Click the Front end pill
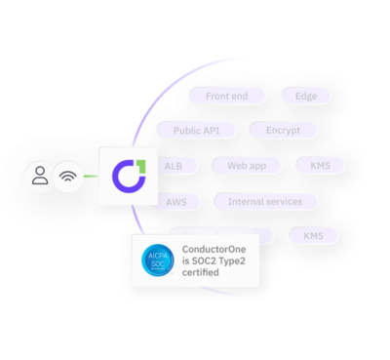[x=225, y=96]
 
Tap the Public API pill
[x=197, y=130]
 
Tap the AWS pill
[x=176, y=202]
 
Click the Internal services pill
[x=265, y=202]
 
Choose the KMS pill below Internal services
[x=313, y=236]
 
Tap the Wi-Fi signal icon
[x=67, y=178]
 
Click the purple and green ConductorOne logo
[x=127, y=177]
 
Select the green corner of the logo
[x=137, y=163]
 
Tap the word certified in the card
[x=200, y=272]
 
